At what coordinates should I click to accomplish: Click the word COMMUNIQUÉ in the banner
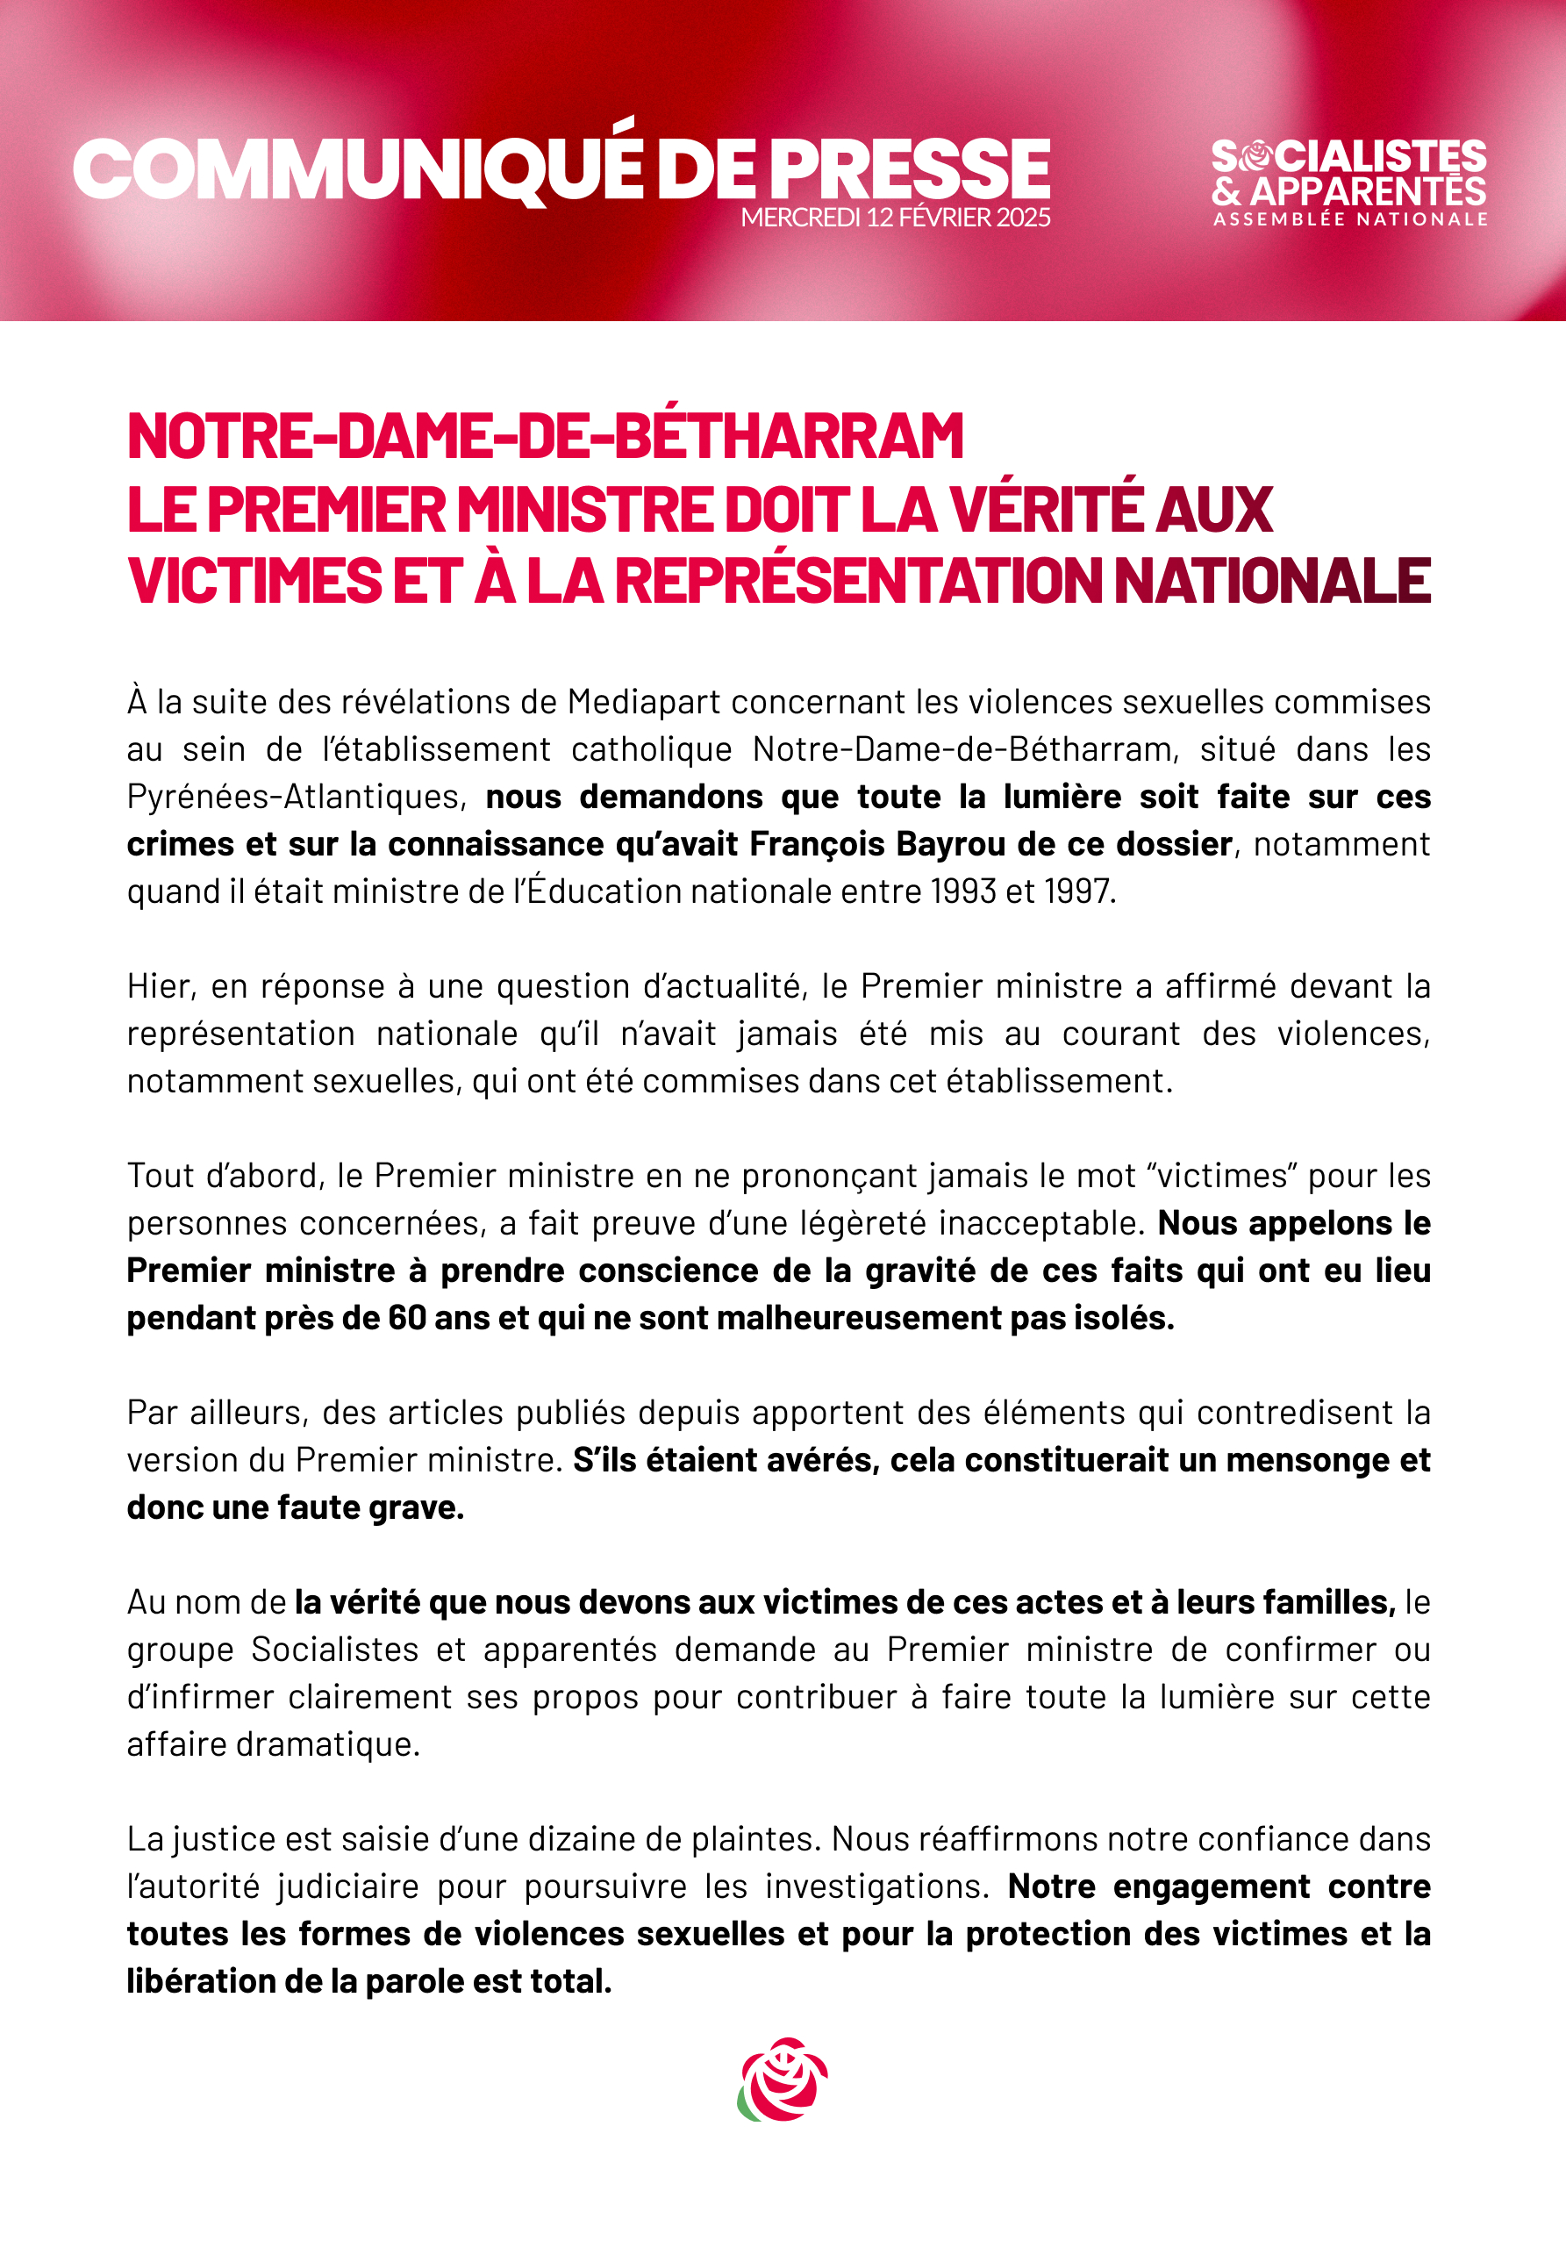click(357, 168)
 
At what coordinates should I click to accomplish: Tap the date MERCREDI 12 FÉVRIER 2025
click(896, 218)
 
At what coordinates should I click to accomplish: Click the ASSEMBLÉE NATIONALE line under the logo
click(1351, 219)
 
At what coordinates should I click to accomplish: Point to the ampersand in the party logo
click(1226, 191)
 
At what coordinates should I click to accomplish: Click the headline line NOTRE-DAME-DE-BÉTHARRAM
click(545, 436)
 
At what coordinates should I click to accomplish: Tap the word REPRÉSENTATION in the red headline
click(857, 581)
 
